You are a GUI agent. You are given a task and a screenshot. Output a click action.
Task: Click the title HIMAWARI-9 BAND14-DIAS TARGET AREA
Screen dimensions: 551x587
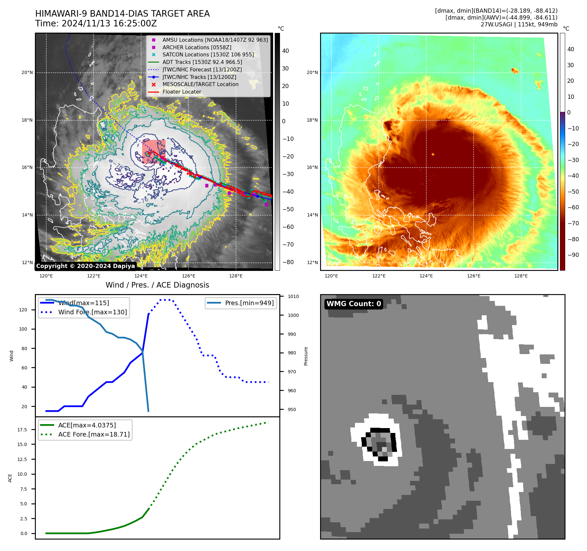(122, 14)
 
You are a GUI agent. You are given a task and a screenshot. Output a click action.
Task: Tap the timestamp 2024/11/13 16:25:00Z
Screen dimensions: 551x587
(109, 24)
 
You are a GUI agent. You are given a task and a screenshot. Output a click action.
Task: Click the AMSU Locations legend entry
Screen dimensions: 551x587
(215, 40)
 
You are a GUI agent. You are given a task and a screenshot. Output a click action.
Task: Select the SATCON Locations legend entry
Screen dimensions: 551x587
(208, 54)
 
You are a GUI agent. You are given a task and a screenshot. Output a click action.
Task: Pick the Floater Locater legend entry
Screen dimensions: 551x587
(182, 92)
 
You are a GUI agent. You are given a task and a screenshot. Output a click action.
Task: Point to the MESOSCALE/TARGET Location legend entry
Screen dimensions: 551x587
(200, 84)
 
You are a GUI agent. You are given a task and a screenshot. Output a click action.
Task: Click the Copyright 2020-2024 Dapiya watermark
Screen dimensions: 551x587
(85, 266)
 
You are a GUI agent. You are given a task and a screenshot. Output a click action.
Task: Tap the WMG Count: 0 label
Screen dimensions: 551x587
(354, 304)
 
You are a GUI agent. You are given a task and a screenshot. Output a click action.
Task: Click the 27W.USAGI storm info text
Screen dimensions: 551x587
(519, 24)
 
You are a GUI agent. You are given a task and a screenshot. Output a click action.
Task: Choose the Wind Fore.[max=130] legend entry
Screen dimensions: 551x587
(92, 312)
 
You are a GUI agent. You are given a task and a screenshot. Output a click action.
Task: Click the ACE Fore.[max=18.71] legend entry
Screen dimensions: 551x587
(94, 434)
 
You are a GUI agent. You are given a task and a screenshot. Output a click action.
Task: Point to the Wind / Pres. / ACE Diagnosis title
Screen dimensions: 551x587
(157, 285)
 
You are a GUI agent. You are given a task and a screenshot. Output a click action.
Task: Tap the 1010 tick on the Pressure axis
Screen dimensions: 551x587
(293, 296)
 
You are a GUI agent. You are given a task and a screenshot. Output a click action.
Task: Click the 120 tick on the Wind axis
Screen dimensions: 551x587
(23, 310)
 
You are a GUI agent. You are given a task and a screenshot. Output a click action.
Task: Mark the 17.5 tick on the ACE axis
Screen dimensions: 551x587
(22, 430)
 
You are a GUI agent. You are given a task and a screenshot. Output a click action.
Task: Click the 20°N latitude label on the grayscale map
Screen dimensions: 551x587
(27, 72)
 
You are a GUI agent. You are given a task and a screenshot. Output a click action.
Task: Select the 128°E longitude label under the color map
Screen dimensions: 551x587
(521, 276)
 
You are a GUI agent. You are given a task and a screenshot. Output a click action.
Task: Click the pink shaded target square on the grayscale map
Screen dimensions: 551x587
(154, 151)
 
